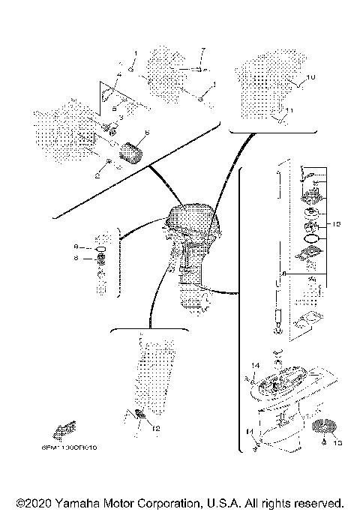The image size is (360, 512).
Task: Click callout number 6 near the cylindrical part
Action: coord(147,132)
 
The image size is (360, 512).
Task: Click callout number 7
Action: coord(202,51)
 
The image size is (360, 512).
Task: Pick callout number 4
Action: coord(118,76)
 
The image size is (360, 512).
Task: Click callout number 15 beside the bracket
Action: coord(337,224)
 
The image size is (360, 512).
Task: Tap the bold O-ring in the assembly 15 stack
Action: coord(310,239)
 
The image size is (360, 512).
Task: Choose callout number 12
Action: coord(156,429)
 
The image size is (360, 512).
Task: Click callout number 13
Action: coord(336,443)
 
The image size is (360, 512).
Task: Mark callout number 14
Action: coord(254,365)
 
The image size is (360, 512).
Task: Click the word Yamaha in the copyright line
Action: coord(76,502)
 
